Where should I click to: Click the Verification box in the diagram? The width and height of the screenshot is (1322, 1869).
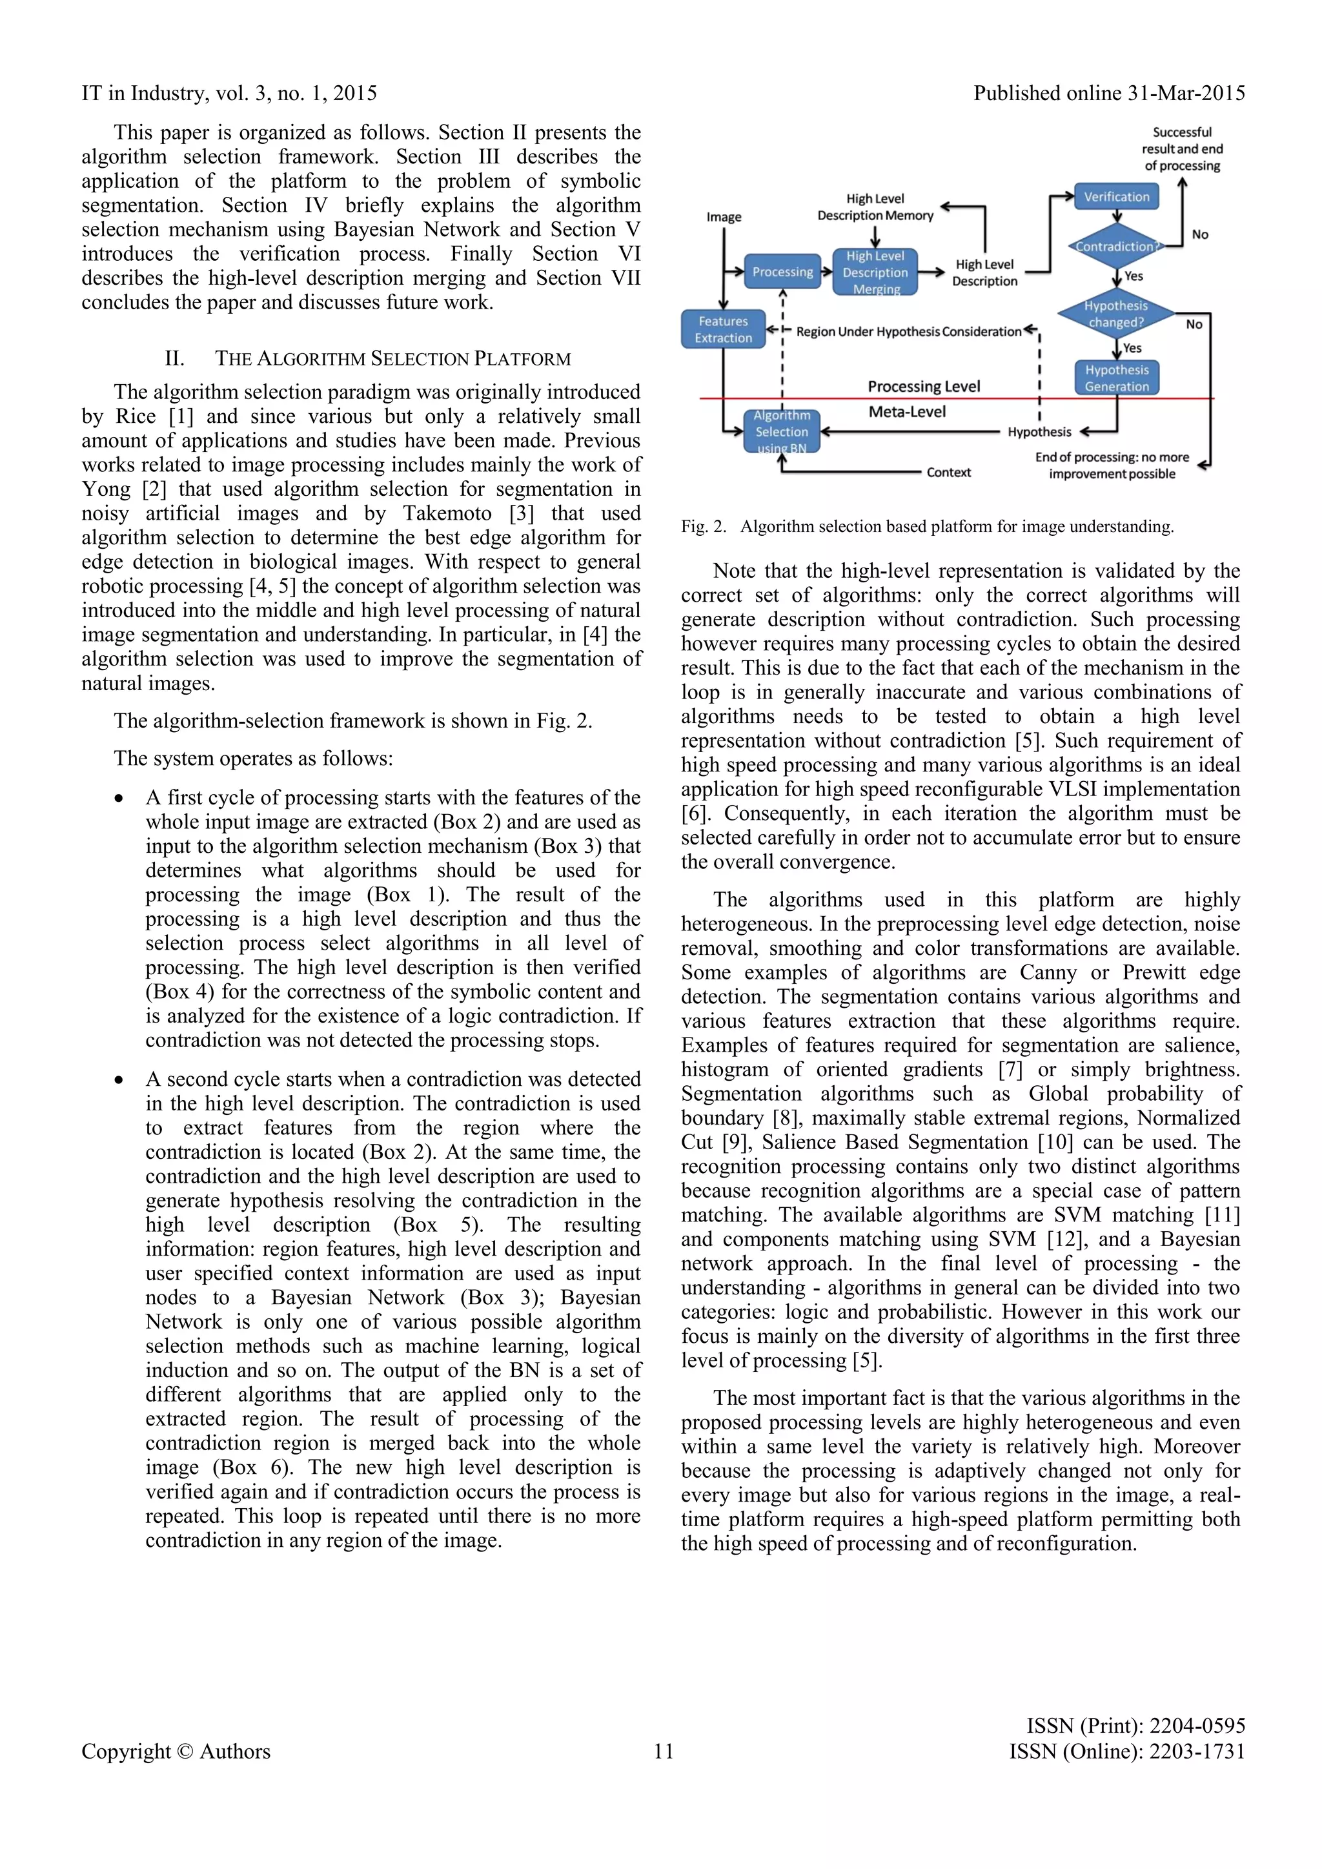tap(1116, 197)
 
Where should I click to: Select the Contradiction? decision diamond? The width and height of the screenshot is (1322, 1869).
tap(1116, 246)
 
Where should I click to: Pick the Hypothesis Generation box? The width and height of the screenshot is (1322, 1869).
tap(1116, 378)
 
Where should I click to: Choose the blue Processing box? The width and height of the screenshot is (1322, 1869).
tap(782, 272)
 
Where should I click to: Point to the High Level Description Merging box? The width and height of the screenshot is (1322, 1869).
tap(875, 272)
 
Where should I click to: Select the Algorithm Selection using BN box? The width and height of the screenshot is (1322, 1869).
tap(782, 431)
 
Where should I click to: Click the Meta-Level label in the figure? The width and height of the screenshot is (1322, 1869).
tap(907, 412)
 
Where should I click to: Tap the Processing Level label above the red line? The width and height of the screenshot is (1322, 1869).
tap(924, 386)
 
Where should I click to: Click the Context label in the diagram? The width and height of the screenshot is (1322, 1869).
tap(948, 472)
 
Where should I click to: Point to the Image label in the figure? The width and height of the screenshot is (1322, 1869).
tap(724, 218)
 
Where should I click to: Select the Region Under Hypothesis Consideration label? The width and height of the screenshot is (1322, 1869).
tap(908, 332)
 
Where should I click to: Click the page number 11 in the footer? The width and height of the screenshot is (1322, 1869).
tap(664, 1752)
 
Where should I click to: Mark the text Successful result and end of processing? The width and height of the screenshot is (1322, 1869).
tap(1182, 149)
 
